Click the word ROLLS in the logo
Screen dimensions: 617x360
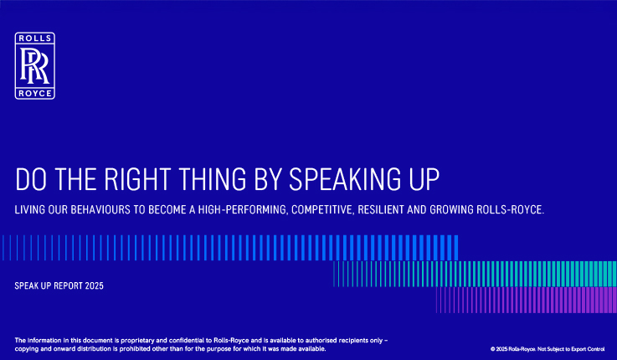(35, 39)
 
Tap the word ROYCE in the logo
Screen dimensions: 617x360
(35, 93)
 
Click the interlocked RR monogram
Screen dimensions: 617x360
(34, 65)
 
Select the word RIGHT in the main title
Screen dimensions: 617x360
(137, 179)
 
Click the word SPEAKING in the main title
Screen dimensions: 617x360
(345, 179)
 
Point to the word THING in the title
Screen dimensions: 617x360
(213, 179)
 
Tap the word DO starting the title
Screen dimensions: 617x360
(31, 179)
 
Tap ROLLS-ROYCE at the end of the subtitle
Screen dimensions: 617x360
(511, 209)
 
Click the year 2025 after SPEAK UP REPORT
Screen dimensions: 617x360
(94, 285)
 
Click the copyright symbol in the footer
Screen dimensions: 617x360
(492, 349)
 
